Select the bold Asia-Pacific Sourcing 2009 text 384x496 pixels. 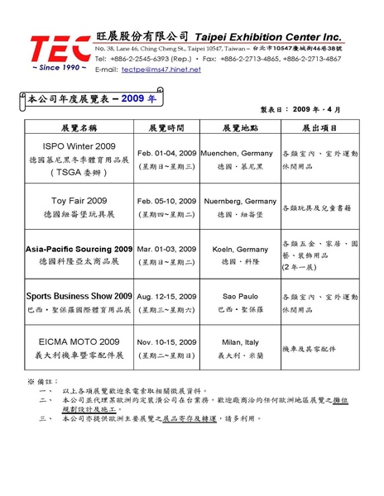click(79, 248)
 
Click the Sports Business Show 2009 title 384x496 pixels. click(79, 294)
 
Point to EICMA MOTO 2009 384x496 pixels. click(79, 341)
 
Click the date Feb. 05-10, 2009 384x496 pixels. click(166, 201)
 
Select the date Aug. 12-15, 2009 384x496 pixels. click(166, 294)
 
